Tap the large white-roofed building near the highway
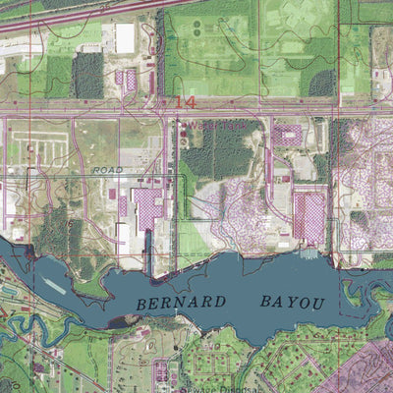click(125, 37)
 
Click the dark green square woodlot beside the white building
click(88, 75)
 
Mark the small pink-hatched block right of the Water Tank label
click(287, 135)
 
